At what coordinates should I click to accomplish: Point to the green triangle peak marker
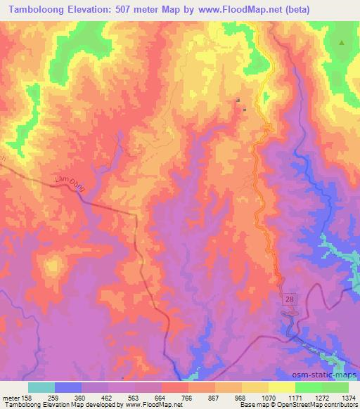click(342, 43)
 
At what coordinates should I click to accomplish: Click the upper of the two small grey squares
click(238, 100)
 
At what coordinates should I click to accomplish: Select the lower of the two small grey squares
click(244, 110)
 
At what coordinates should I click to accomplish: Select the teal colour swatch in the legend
click(41, 387)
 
